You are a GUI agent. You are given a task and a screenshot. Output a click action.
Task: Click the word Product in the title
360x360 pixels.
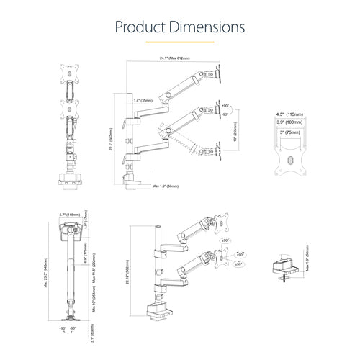click(x=140, y=27)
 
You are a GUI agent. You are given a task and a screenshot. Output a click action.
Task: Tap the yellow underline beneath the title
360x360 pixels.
click(x=180, y=42)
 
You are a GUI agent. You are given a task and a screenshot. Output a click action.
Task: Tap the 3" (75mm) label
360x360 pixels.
click(x=291, y=132)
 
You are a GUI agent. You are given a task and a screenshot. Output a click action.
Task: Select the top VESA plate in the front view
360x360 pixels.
click(x=71, y=73)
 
